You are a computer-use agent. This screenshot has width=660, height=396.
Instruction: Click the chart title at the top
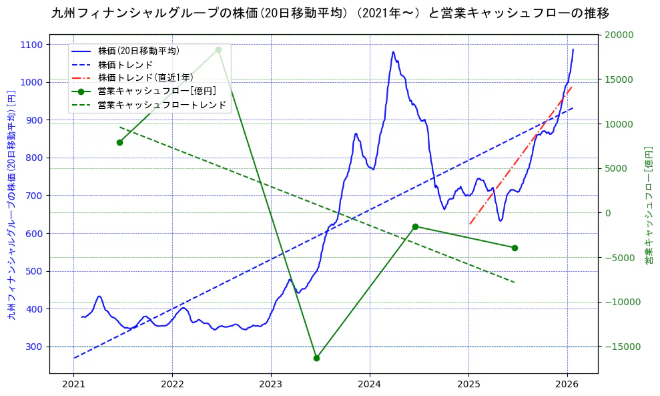(x=330, y=13)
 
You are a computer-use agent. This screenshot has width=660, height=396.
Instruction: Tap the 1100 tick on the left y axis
(x=31, y=45)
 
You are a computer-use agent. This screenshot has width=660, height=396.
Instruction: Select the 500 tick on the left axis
(x=33, y=271)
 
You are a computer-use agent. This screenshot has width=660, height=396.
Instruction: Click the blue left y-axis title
(x=11, y=204)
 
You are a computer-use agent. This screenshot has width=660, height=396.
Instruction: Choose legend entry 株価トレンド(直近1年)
(x=145, y=77)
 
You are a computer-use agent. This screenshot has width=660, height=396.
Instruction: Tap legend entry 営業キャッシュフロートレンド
(x=162, y=105)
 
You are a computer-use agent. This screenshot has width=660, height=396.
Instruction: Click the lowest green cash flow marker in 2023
(x=316, y=358)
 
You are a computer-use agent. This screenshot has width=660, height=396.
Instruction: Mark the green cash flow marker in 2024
(x=415, y=226)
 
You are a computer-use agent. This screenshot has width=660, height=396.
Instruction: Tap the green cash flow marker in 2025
(x=515, y=248)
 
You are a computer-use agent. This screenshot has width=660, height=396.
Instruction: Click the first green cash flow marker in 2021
(x=119, y=142)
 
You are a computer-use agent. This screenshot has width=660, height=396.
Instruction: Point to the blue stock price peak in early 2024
(x=393, y=52)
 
